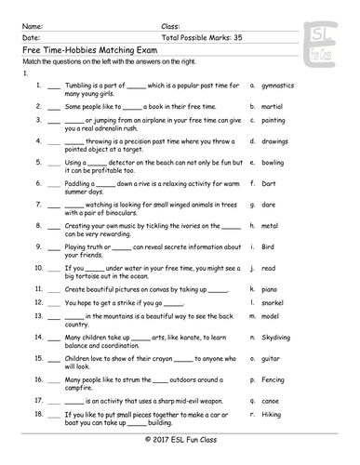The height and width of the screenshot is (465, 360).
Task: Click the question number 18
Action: coord(37,413)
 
